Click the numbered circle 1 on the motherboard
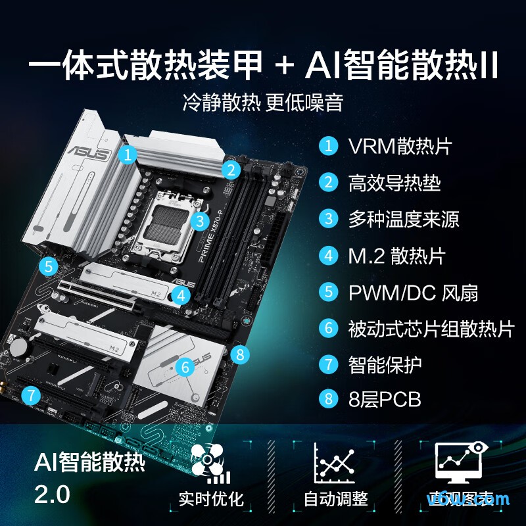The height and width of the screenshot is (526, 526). (128, 155)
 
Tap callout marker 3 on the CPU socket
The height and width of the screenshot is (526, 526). (201, 220)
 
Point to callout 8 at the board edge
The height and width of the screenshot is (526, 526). (241, 355)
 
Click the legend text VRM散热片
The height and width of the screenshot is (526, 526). (400, 146)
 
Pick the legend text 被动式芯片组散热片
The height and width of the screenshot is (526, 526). (431, 328)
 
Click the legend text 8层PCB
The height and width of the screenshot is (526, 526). (384, 399)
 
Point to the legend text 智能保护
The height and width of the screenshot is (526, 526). (385, 364)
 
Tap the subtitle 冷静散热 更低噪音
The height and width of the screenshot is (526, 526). (263, 103)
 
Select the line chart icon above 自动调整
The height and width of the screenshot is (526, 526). (335, 462)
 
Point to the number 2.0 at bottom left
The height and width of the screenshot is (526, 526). (52, 494)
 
